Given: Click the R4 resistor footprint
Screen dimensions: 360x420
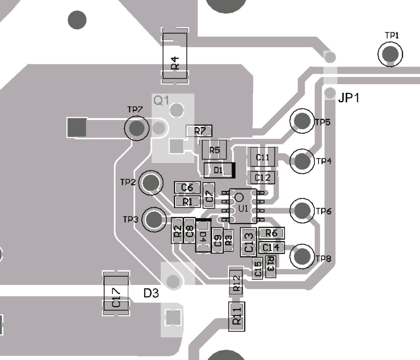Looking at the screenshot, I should pyautogui.click(x=175, y=56).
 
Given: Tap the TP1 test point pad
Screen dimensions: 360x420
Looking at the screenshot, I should pyautogui.click(x=390, y=54).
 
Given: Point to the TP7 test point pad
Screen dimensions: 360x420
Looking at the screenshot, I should pyautogui.click(x=136, y=128).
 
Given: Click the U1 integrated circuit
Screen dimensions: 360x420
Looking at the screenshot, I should pyautogui.click(x=242, y=206).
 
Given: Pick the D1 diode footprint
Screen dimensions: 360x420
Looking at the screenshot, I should pyautogui.click(x=219, y=170).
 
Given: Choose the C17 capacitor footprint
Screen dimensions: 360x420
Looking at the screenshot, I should pyautogui.click(x=116, y=293).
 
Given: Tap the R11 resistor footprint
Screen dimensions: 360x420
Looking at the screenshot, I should pyautogui.click(x=236, y=316).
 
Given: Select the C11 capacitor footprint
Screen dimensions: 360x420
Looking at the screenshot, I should pyautogui.click(x=262, y=158).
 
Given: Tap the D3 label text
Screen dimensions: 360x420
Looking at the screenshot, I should pyautogui.click(x=151, y=293).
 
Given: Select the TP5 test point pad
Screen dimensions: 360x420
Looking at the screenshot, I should pyautogui.click(x=302, y=121).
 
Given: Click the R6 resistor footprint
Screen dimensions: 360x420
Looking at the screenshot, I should pyautogui.click(x=271, y=233).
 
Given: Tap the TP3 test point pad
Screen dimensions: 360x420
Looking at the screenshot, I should pyautogui.click(x=154, y=219).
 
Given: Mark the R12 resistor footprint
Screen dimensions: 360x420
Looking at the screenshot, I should pyautogui.click(x=236, y=281).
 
